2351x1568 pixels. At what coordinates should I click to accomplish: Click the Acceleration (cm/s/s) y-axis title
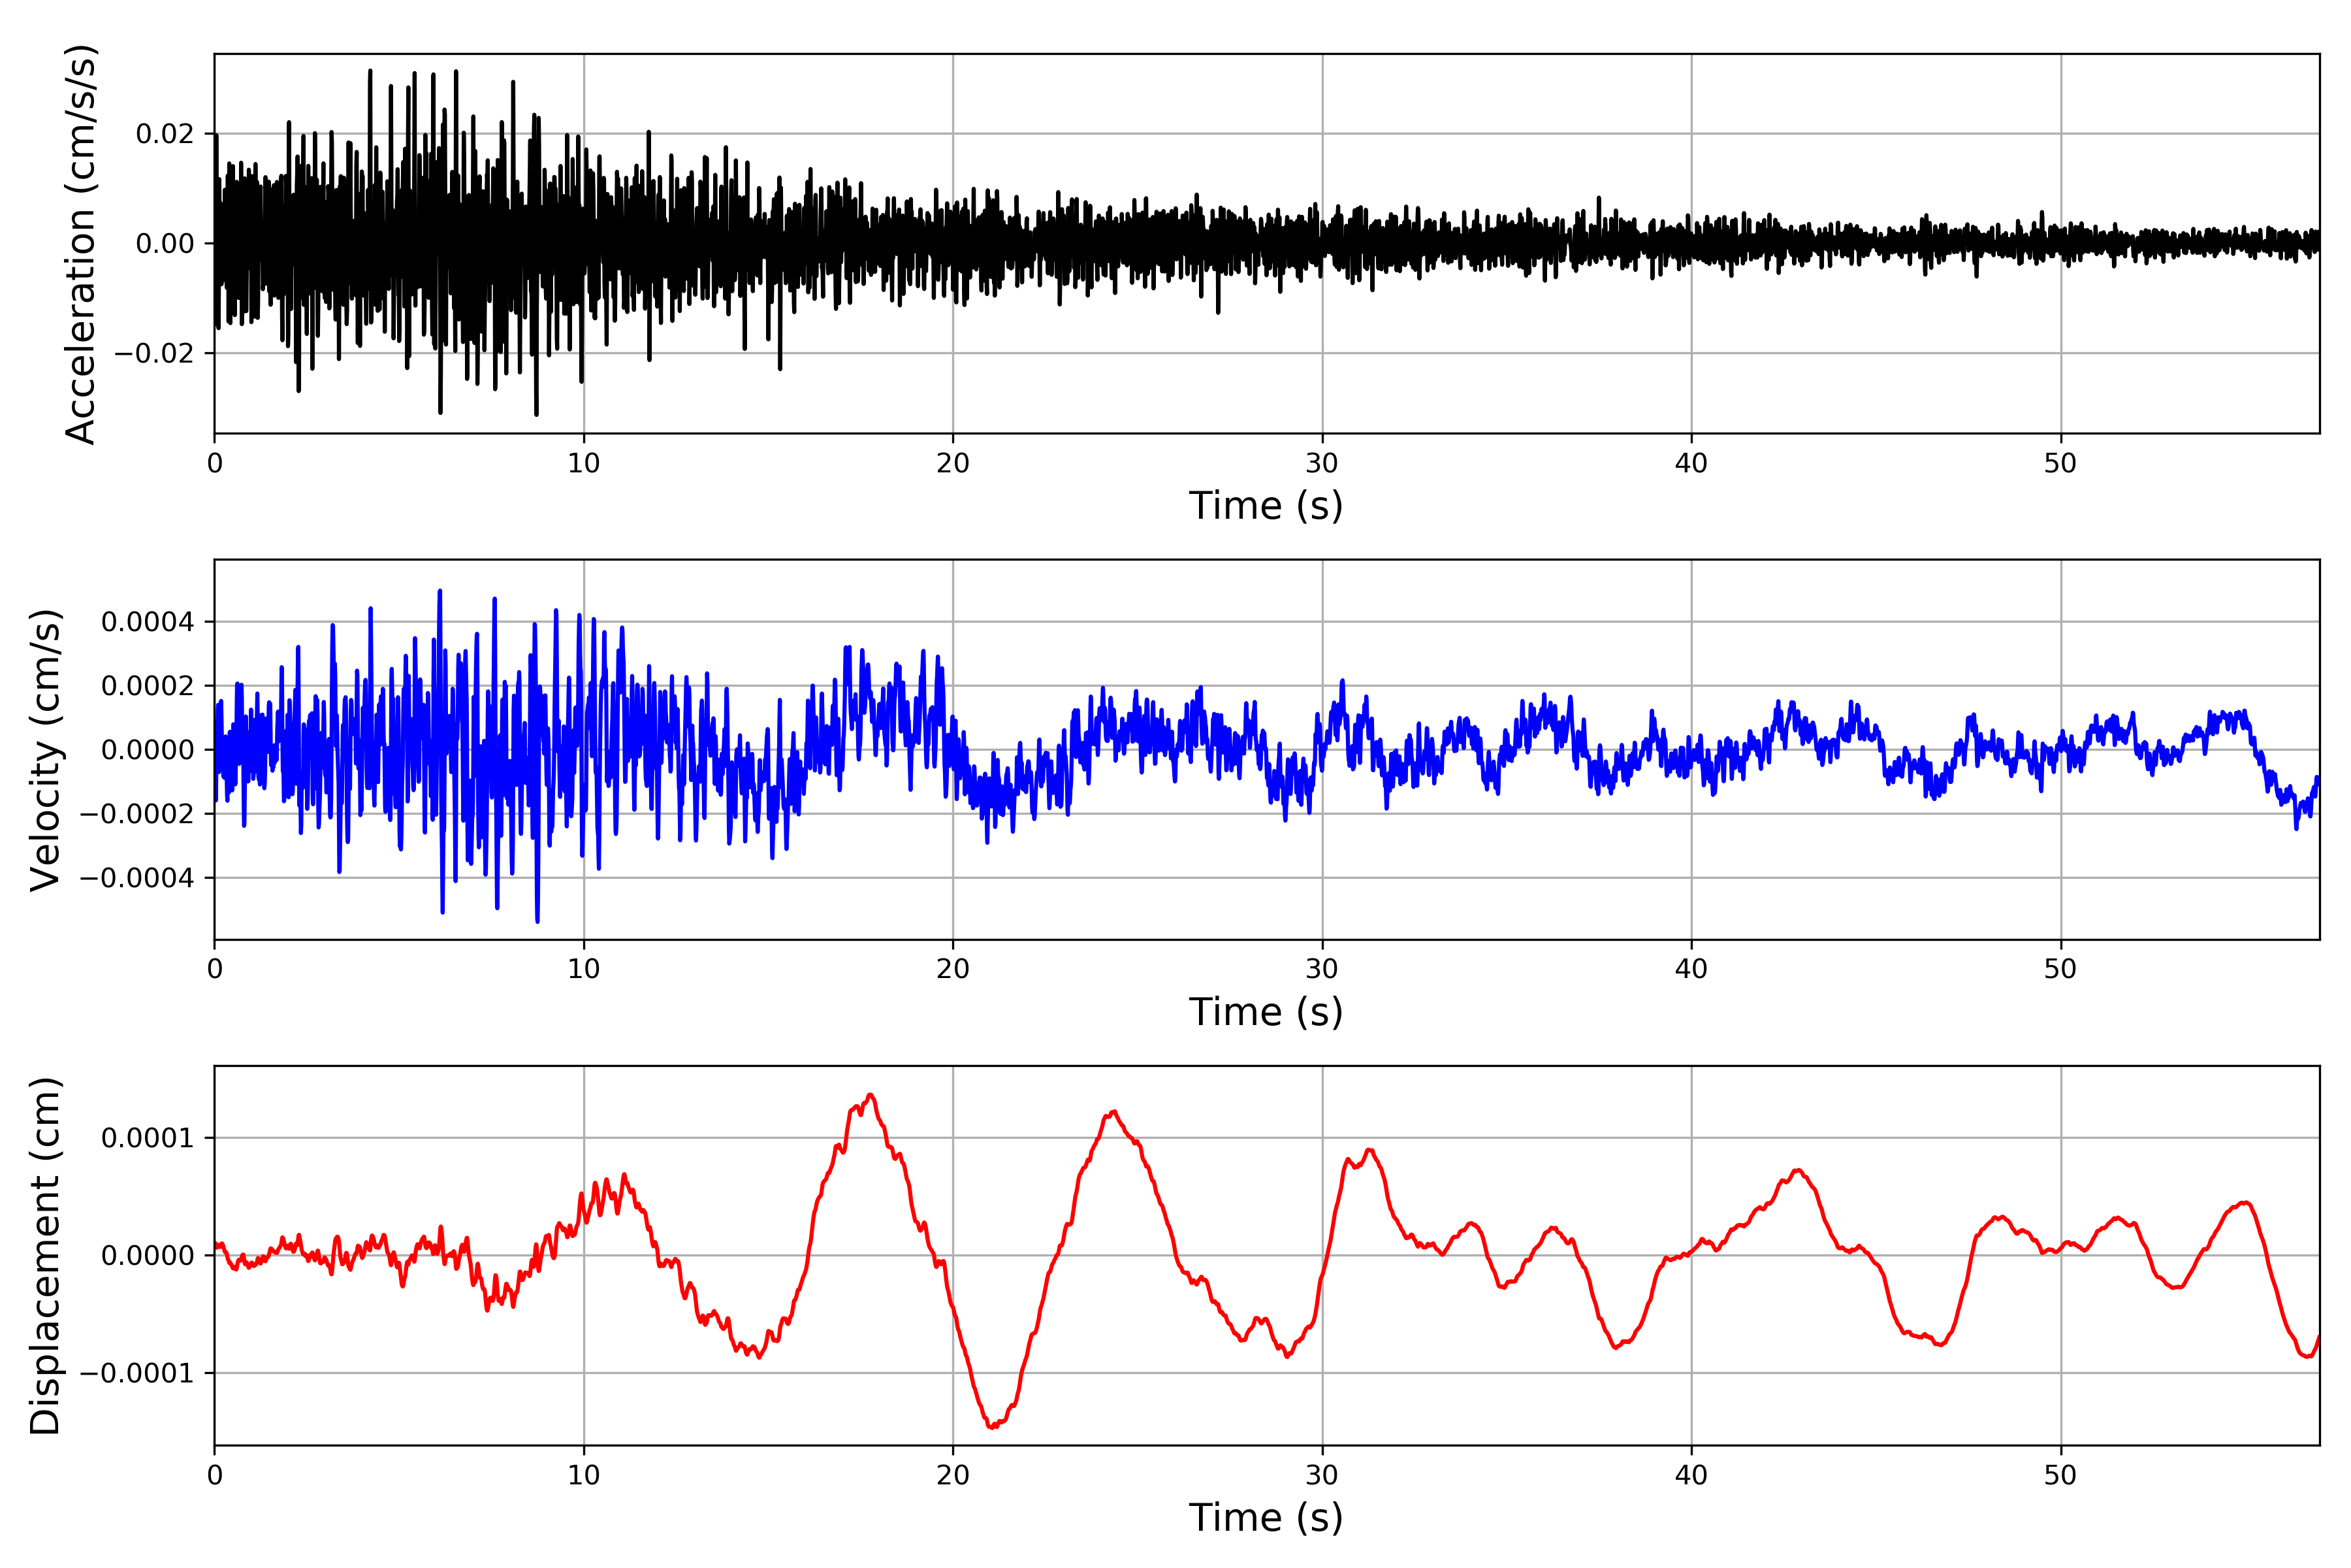80,243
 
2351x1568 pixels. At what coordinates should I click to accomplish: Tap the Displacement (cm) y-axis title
46,1255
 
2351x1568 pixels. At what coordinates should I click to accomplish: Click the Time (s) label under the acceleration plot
1266,506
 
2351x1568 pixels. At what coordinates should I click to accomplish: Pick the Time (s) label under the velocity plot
1266,1012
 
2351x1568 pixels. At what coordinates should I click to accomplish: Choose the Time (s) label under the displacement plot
1266,1518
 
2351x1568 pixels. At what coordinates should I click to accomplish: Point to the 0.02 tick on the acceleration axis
165,134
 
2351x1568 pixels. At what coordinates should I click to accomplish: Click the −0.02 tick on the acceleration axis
154,353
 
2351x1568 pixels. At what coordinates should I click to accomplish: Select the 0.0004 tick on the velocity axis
148,622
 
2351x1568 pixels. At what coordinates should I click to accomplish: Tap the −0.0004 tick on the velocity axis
137,878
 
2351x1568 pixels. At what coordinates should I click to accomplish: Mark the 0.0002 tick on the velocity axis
148,686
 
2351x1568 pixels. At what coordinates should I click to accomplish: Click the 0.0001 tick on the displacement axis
148,1138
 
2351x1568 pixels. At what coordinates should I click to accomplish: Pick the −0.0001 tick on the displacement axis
137,1373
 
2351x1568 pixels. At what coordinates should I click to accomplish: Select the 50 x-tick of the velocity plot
2060,969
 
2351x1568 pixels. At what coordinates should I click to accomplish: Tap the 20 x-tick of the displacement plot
953,1475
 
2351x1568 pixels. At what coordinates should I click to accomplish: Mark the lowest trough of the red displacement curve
991,1427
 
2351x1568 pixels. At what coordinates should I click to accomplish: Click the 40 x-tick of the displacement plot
1691,1475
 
